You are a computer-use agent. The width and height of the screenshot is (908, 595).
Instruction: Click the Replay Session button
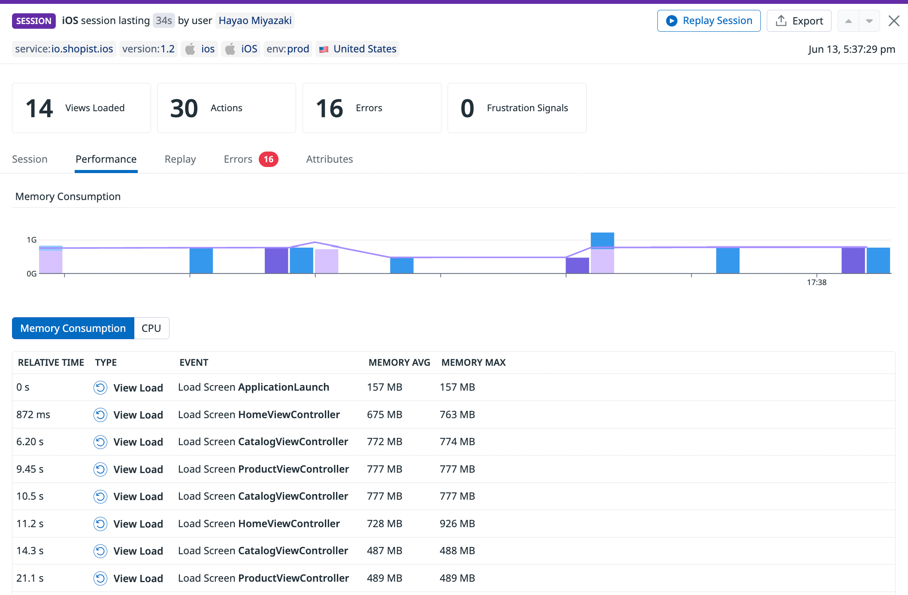(709, 21)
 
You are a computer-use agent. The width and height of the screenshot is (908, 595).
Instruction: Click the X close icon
(894, 21)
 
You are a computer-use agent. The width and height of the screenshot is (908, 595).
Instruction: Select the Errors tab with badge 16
(251, 159)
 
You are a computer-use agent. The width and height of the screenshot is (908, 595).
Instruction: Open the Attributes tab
(329, 159)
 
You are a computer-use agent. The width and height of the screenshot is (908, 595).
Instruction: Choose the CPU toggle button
(151, 328)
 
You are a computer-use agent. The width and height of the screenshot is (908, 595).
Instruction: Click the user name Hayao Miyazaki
(255, 21)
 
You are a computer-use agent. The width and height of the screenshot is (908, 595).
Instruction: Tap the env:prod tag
(288, 49)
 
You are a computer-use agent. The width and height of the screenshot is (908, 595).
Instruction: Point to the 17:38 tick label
(816, 282)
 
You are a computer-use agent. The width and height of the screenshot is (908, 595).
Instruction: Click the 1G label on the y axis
(32, 240)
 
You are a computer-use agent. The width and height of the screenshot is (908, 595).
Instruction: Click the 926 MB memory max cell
(457, 524)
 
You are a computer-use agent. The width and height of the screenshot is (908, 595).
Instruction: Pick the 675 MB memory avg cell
(384, 415)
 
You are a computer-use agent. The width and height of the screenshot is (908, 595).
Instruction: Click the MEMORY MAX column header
(473, 363)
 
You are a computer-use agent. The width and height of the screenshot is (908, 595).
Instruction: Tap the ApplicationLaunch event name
(283, 387)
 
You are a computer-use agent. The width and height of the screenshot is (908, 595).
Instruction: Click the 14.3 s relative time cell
(30, 551)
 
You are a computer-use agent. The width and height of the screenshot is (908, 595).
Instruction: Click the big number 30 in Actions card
(184, 108)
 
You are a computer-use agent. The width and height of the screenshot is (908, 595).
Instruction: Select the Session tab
(30, 159)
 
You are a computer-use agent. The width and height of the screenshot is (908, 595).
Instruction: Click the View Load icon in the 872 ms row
(100, 415)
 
